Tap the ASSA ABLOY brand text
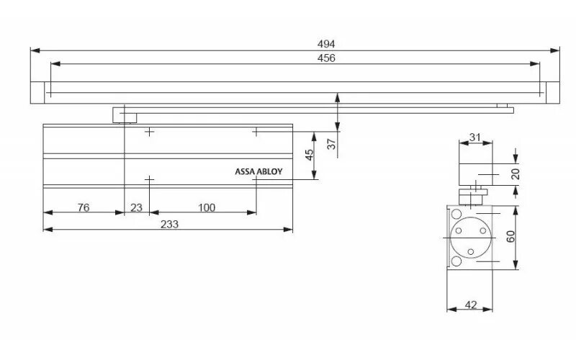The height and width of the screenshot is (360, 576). pyautogui.click(x=258, y=172)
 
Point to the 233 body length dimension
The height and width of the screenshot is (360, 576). pyautogui.click(x=169, y=223)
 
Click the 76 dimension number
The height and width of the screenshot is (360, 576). pyautogui.click(x=83, y=207)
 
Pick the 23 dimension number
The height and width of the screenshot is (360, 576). pyautogui.click(x=137, y=207)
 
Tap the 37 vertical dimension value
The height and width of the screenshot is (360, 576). pyautogui.click(x=331, y=143)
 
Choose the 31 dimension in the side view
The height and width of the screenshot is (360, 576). pyautogui.click(x=475, y=137)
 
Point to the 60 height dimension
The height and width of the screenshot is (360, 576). pyautogui.click(x=511, y=238)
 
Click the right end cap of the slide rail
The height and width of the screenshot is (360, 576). pyautogui.click(x=552, y=92)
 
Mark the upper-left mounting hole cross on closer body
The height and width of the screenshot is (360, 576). pyautogui.click(x=149, y=132)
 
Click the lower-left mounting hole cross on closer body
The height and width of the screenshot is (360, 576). pyautogui.click(x=149, y=179)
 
